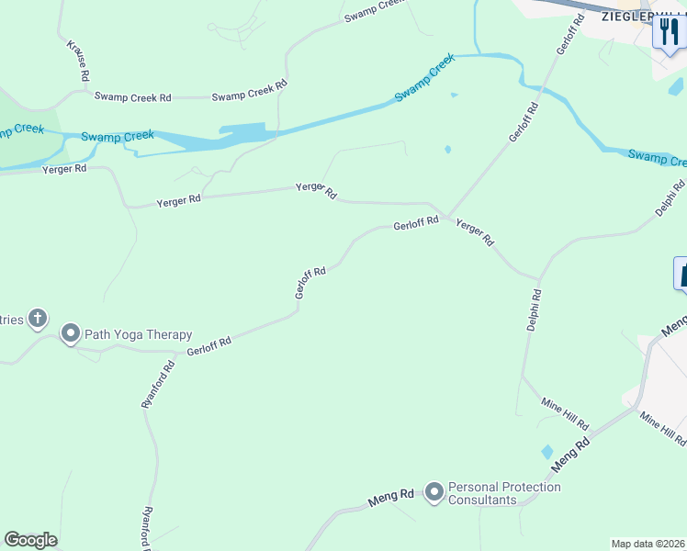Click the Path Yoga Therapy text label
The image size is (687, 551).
point(139,334)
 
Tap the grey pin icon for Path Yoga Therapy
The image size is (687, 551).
point(71,333)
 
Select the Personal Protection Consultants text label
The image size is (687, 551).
point(504,493)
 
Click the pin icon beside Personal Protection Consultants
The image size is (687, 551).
point(433,493)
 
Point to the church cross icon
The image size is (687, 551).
point(38,319)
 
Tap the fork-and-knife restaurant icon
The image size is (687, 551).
point(669,34)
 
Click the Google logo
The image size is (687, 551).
point(30,540)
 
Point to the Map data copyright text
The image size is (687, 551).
point(648,544)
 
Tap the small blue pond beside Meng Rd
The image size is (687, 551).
point(547,452)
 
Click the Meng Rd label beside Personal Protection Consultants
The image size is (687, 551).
point(391,497)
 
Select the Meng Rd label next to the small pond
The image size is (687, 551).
point(570,456)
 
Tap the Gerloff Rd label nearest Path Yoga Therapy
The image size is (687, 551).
point(208,345)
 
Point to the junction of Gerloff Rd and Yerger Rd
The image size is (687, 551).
point(447,217)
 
